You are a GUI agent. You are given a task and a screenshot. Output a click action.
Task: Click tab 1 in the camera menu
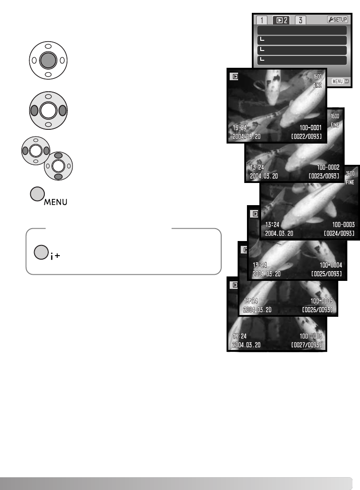coord(262,20)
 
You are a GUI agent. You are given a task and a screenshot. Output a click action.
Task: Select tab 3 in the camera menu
coord(301,20)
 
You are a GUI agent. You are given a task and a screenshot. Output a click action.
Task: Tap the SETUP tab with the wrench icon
coord(338,20)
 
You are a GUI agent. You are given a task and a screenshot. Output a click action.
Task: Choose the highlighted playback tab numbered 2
coord(281,20)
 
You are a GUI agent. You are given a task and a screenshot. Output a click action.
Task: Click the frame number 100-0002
coord(328,167)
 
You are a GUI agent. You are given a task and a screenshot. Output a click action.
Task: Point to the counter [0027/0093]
coord(306,345)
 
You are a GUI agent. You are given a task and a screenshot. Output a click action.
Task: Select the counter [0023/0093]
coord(324,176)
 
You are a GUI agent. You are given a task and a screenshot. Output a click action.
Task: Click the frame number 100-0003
coord(344,225)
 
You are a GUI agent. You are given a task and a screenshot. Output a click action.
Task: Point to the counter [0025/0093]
coord(326,273)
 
